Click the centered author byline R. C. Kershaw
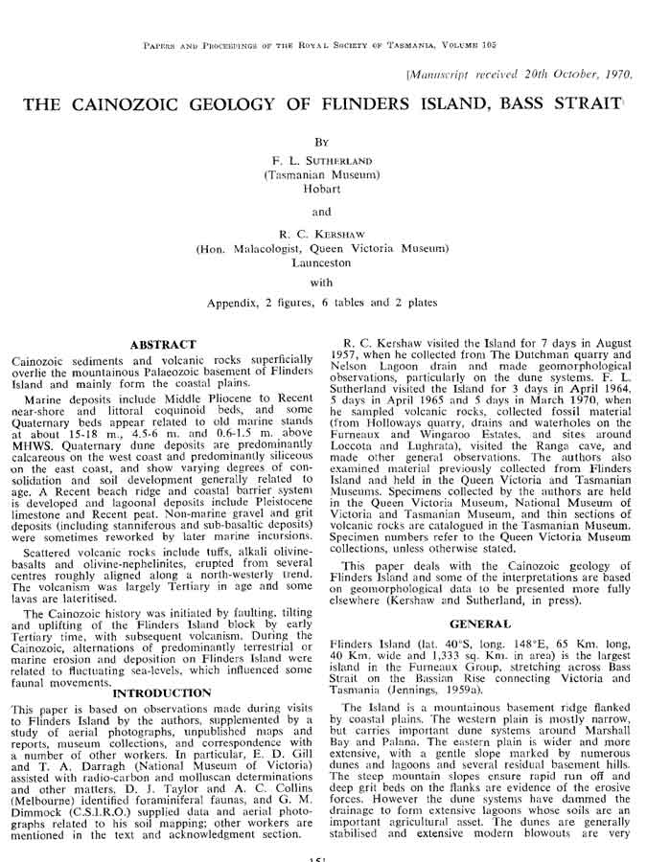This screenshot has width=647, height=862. point(322,234)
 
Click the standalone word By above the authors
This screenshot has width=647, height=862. point(322,140)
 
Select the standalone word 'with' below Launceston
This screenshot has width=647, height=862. point(322,283)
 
